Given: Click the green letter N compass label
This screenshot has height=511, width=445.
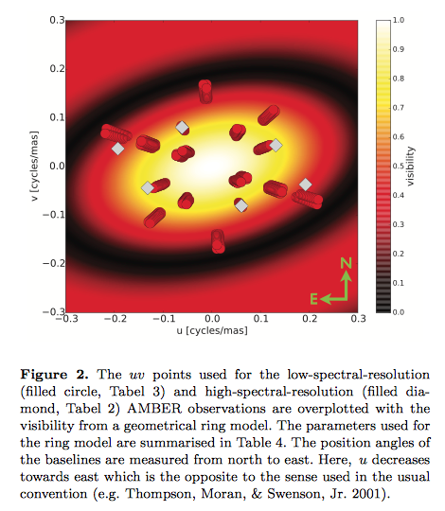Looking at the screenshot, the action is point(347,263).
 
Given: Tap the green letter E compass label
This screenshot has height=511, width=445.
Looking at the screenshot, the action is point(313,298).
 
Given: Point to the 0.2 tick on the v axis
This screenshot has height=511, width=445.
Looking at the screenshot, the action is point(57,69).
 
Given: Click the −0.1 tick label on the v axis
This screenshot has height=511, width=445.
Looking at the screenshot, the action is point(54,215).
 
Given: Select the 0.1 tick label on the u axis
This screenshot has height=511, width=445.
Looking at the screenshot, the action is point(261,318).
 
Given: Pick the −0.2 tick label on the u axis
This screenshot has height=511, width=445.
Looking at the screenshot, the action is point(116,318).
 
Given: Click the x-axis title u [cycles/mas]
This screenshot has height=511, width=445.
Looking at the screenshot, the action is point(212,331).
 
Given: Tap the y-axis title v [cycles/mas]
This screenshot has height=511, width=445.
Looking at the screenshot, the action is point(34,167).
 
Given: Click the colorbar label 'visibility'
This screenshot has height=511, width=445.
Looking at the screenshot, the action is point(411,167).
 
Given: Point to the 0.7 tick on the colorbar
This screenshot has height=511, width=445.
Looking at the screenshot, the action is point(398,108).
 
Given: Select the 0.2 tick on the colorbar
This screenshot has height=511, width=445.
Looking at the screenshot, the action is point(398,254).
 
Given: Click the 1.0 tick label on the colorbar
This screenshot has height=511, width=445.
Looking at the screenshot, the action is point(398,20).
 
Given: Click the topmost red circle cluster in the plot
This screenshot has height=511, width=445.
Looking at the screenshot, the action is point(205,92).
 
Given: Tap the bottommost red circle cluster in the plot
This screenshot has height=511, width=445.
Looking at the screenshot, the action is point(218,241).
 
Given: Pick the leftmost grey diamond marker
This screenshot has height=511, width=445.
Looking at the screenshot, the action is point(118,149).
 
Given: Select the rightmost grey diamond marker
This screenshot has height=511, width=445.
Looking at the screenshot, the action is point(306,185).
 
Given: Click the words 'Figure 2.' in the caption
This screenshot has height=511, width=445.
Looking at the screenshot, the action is point(54,375).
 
